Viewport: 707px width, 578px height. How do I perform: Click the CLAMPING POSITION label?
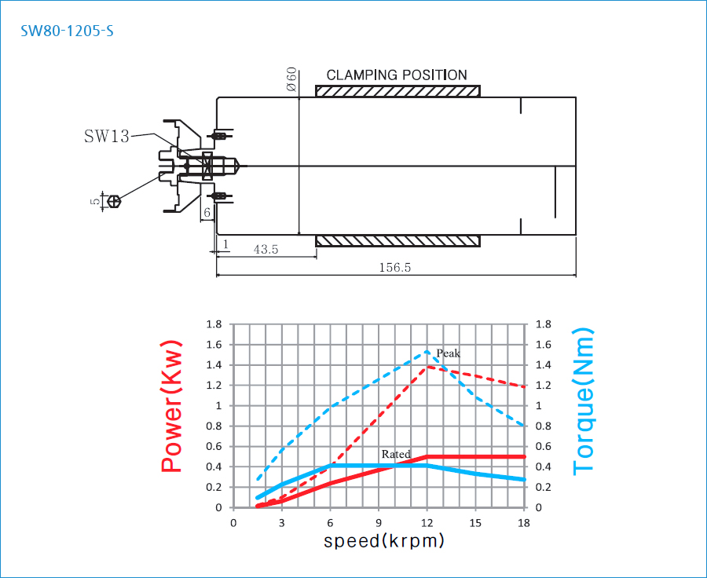click(x=397, y=75)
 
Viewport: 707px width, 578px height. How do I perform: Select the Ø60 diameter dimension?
click(x=291, y=80)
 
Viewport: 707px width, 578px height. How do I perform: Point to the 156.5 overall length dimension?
click(x=395, y=267)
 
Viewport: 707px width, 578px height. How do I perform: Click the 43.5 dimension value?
click(x=266, y=249)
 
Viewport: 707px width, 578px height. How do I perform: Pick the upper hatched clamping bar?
click(x=397, y=91)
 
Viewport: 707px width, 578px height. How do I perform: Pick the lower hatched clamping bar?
click(x=397, y=240)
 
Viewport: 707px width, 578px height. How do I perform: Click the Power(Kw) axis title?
click(x=172, y=406)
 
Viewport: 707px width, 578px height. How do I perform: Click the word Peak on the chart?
click(x=448, y=353)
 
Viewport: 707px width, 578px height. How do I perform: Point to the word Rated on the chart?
click(x=396, y=454)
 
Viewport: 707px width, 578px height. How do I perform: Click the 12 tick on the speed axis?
click(x=427, y=522)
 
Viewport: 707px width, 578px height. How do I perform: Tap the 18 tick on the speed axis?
click(x=524, y=522)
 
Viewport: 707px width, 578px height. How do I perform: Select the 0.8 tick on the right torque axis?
click(x=542, y=426)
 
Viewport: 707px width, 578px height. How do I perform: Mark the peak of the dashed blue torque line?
click(x=427, y=350)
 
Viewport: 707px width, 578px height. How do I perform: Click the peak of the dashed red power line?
click(x=427, y=366)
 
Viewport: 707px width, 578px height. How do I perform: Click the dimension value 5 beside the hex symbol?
click(x=95, y=202)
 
